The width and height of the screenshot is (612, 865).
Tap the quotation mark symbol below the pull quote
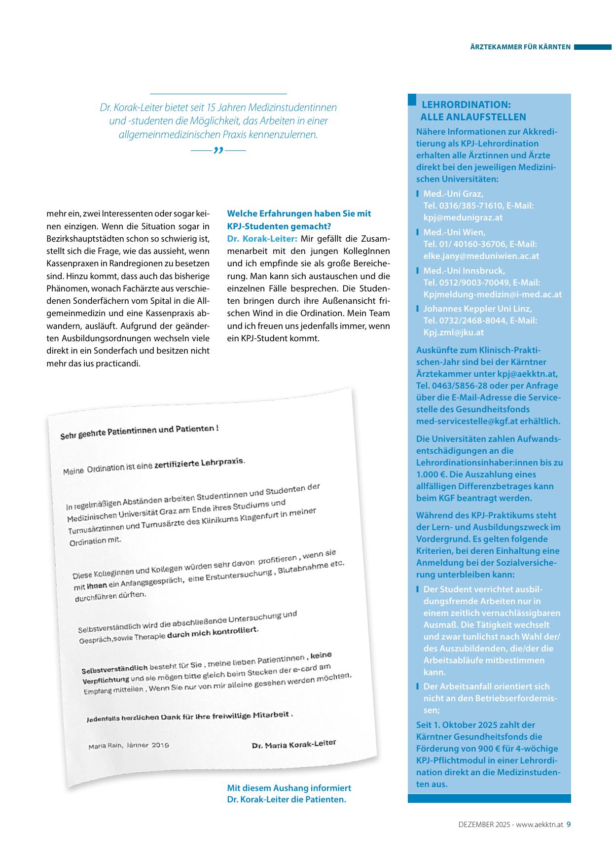point(218,150)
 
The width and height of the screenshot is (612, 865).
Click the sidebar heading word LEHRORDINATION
point(466,105)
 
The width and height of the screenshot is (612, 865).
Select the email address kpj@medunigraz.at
point(463,217)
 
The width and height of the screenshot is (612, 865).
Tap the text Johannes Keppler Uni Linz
point(477,309)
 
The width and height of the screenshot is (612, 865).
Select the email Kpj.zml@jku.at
point(453,332)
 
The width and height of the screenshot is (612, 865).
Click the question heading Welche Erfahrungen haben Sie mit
point(299,214)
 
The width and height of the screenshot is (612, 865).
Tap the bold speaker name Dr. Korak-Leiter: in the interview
point(262,239)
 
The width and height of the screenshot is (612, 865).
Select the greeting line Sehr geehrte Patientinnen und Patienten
point(139,432)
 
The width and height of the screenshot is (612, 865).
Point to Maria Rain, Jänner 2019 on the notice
point(129,746)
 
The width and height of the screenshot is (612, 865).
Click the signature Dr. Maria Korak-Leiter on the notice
point(293,744)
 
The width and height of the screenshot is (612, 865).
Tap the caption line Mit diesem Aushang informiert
point(289,788)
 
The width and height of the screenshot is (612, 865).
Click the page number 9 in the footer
point(569,824)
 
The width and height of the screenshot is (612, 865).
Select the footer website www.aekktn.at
point(540,824)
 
